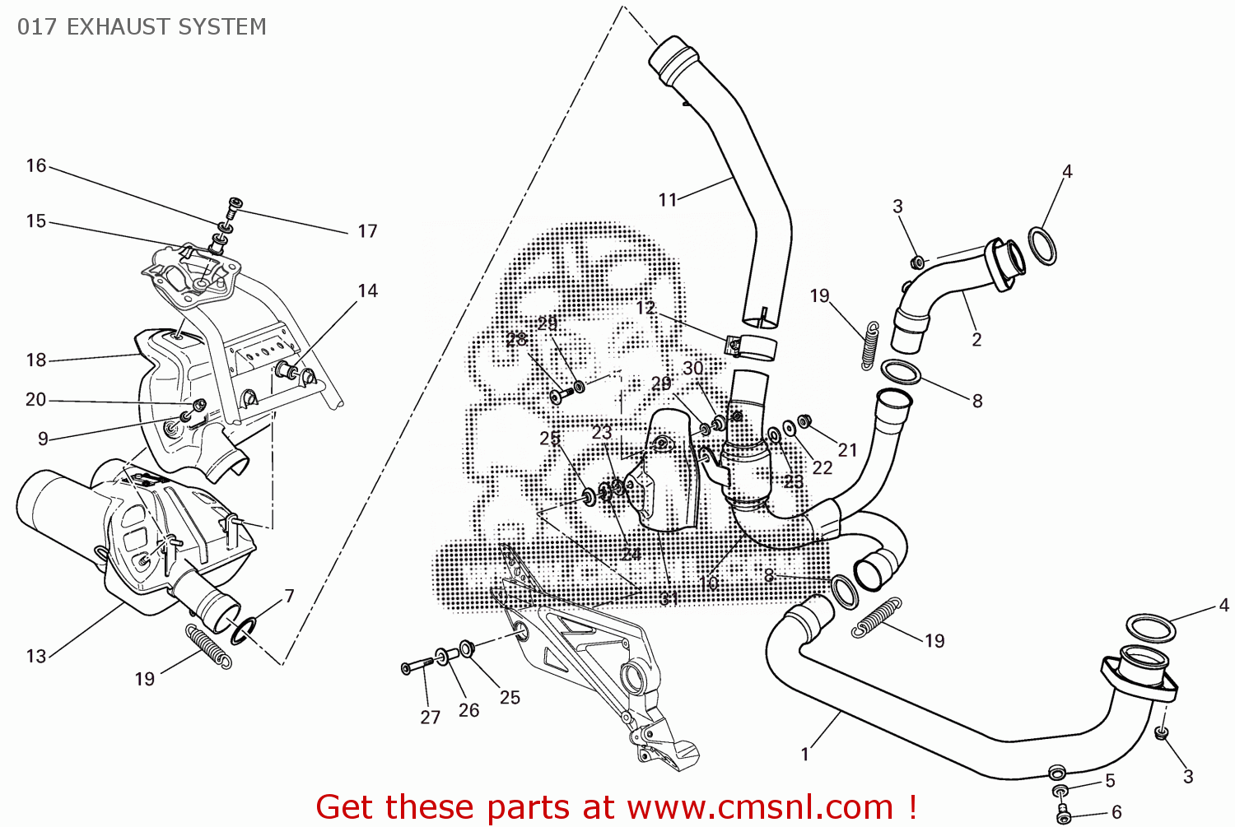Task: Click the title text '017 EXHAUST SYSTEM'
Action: coord(142,27)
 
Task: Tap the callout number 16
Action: coord(35,165)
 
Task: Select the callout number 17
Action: coord(367,231)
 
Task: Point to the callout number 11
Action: coord(667,199)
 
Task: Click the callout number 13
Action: coord(35,656)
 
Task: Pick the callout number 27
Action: coord(430,717)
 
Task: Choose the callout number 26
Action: coord(468,710)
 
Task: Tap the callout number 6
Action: coord(1116,811)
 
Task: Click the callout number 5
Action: coord(1110,780)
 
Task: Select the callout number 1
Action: coord(804,754)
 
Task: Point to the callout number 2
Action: coord(976,339)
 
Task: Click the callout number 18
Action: coord(35,360)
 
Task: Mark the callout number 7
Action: coord(289,595)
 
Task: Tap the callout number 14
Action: coord(367,290)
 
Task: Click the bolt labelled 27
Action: coord(418,665)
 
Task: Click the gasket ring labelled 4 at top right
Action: coord(1043,246)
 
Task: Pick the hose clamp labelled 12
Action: coord(751,348)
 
